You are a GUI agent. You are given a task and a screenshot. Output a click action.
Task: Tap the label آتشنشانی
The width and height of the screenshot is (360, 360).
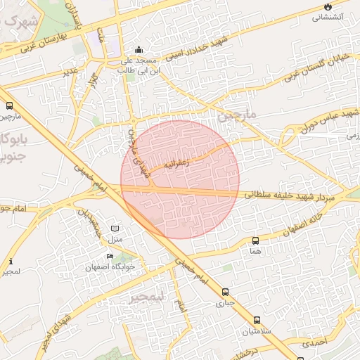coord(328,16)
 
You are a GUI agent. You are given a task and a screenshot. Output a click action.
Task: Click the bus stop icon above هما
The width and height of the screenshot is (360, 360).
coord(255,240)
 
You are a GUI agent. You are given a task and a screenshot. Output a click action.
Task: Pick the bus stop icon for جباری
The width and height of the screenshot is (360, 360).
coord(225,292)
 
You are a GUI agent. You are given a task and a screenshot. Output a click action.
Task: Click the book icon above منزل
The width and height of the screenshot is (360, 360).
coord(115,229)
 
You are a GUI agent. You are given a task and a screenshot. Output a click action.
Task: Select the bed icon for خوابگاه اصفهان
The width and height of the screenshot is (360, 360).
coord(109,256)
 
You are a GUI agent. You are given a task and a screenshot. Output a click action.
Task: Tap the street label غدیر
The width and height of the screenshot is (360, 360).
coord(69,72)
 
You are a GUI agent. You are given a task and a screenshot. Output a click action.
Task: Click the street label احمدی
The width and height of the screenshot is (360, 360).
coord(315,343)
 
